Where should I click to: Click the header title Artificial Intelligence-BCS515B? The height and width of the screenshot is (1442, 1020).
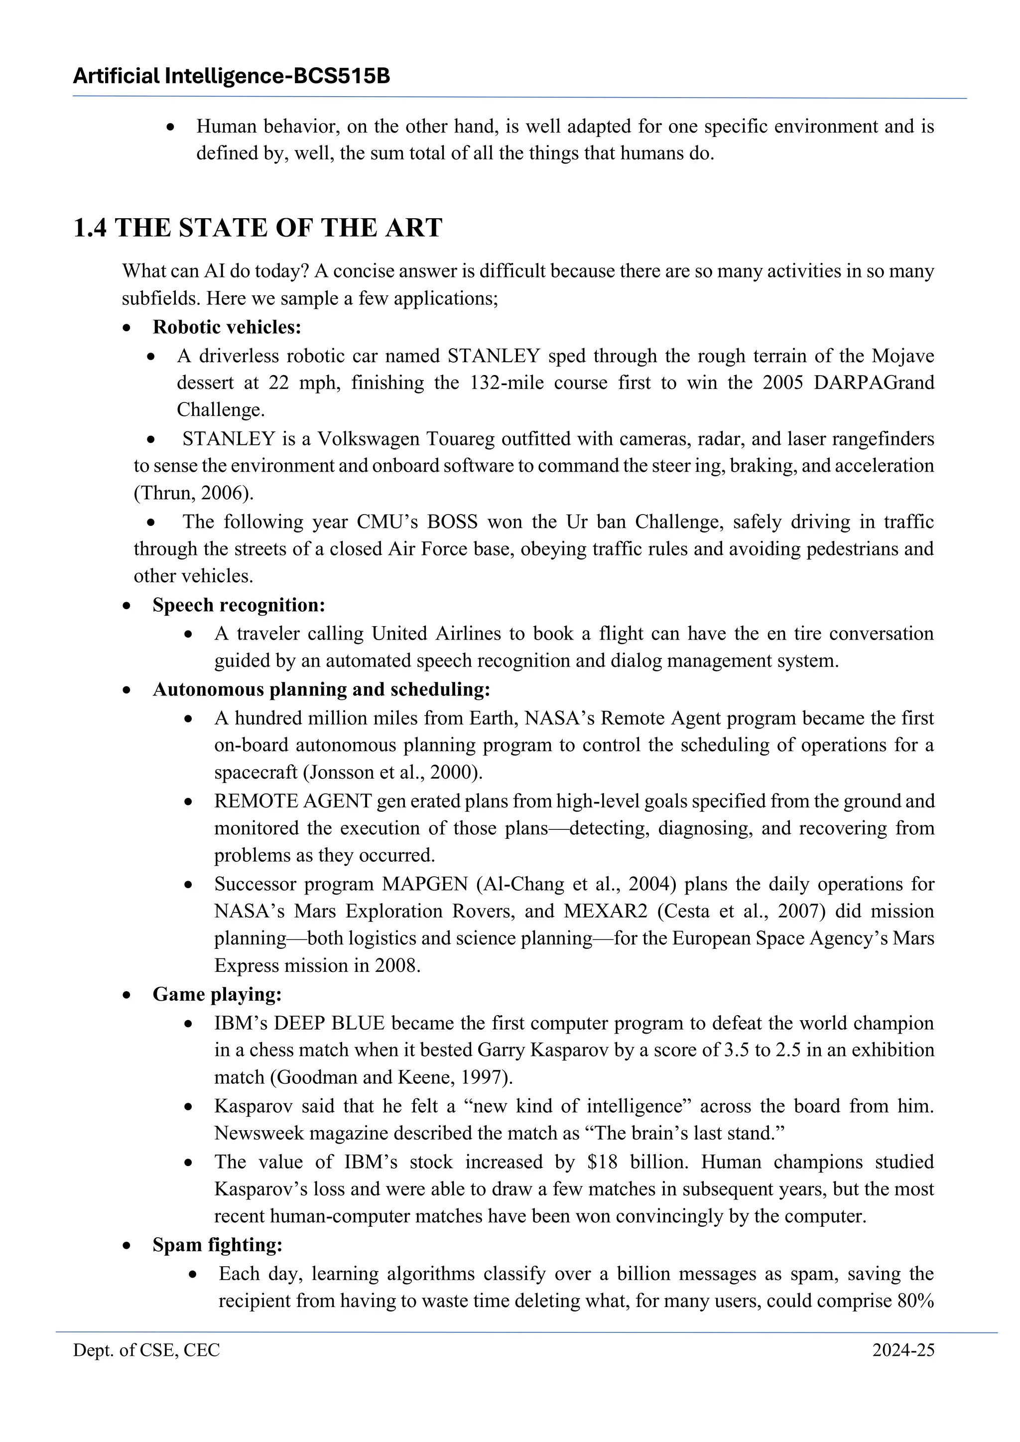point(231,77)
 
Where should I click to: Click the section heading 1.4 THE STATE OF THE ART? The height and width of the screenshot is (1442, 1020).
point(257,228)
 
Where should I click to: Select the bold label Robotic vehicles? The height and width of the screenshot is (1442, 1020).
point(227,327)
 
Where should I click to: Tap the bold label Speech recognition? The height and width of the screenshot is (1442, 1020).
point(239,605)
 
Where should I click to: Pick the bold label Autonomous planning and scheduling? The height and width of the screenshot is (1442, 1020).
point(321,689)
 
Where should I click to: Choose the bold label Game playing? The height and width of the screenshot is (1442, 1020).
point(217,994)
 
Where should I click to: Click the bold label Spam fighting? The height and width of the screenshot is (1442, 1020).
point(217,1245)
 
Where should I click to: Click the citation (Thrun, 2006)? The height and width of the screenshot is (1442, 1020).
point(193,493)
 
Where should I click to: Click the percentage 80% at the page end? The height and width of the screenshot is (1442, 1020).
point(916,1300)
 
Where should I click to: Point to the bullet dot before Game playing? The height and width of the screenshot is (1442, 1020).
point(127,996)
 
